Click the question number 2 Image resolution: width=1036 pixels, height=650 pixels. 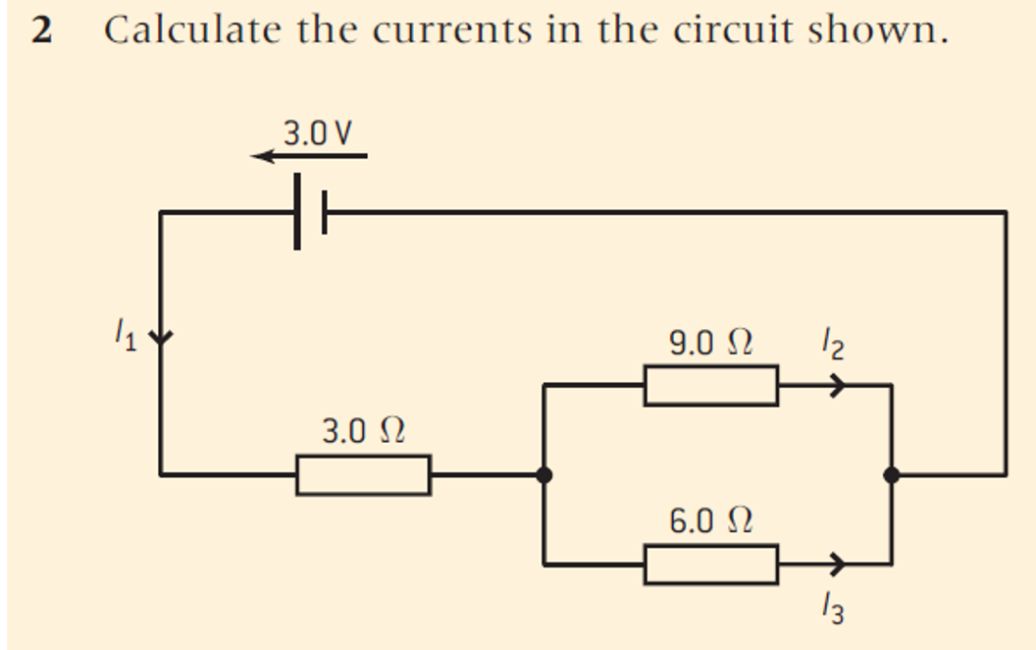pos(40,32)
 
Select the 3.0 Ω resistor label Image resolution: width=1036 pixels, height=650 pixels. pos(364,430)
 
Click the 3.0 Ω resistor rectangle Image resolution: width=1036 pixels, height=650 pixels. pos(363,475)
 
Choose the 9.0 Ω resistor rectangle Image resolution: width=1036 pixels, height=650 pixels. pos(711,385)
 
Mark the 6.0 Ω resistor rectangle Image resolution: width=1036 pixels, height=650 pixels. pos(711,565)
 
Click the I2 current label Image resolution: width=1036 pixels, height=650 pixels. pos(834,344)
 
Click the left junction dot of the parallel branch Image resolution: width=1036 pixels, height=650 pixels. pos(544,475)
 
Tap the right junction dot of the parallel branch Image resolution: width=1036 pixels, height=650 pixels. pos(891,475)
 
